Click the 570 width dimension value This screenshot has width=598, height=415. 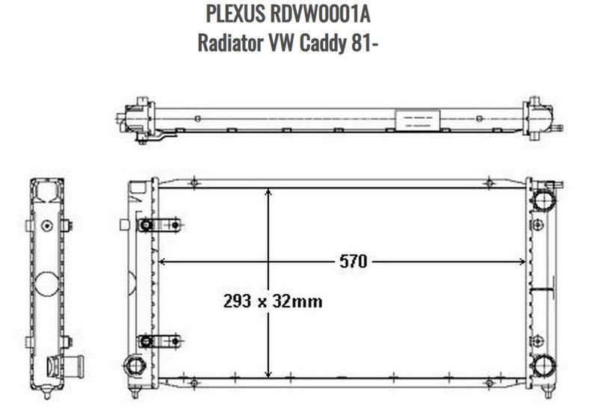(353, 262)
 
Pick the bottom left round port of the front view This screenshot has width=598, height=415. (135, 364)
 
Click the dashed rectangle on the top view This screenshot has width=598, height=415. (411, 119)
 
